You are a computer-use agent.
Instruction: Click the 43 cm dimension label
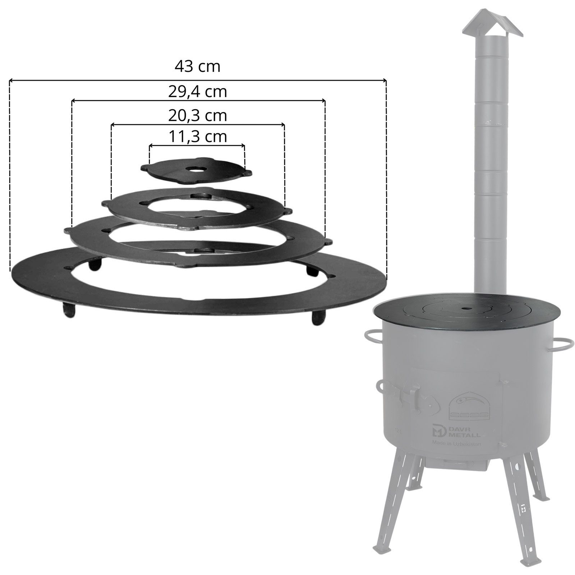point(197,66)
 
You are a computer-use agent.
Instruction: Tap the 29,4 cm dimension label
point(198,92)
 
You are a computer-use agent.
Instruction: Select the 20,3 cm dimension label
point(198,116)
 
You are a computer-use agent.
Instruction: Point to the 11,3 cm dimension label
point(198,137)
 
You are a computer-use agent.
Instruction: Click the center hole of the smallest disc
point(196,169)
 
